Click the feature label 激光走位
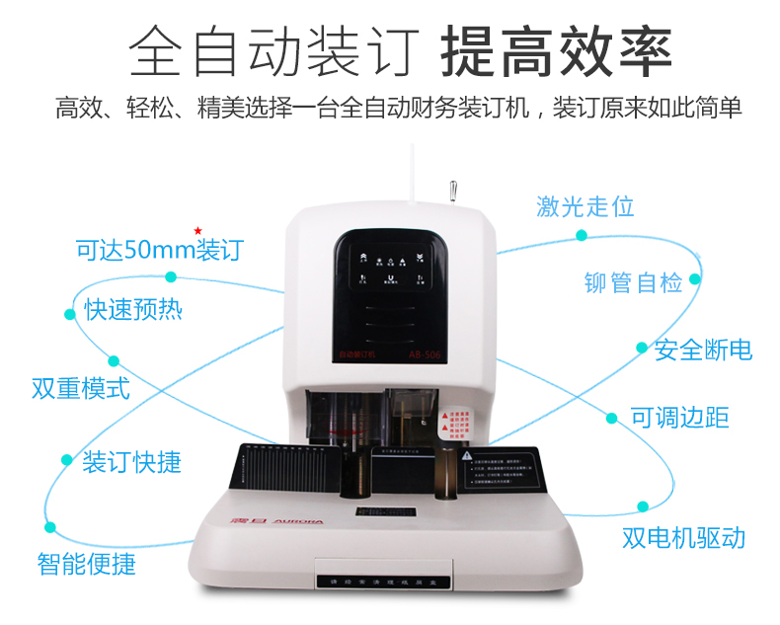585,206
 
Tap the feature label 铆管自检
633,282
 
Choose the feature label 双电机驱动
683,538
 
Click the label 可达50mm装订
158,250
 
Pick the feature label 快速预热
132,310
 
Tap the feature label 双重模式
81,387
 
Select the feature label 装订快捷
131,461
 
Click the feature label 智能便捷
86,564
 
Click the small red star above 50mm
197,230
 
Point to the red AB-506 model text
424,352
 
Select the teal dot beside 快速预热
71,314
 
